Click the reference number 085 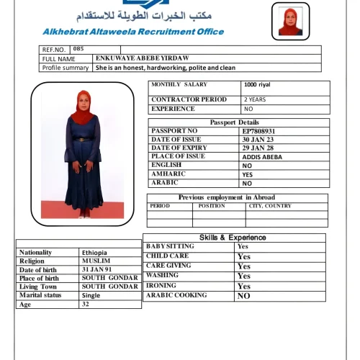[78, 49]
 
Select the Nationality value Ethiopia [94, 253]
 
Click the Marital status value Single [91, 295]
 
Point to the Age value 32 [86, 304]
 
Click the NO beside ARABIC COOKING [244, 296]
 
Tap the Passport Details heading [235, 122]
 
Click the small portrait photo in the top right [291, 22]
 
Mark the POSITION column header [212, 206]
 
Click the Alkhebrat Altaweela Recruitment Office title [133, 32]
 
